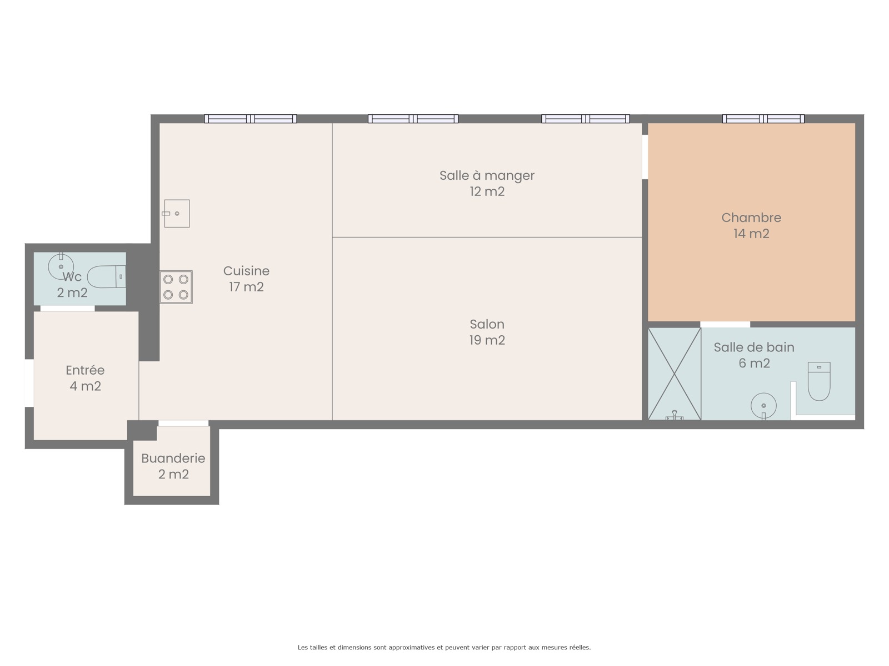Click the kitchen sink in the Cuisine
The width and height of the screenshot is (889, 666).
click(177, 213)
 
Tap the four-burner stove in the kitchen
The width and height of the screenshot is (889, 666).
click(176, 287)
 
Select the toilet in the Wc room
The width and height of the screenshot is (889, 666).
click(107, 276)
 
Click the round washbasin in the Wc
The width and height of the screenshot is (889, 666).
click(61, 266)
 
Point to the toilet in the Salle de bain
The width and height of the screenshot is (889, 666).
click(819, 381)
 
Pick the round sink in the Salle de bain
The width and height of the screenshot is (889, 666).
click(763, 406)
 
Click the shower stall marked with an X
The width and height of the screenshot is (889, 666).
click(675, 374)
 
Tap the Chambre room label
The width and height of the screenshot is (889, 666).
click(751, 218)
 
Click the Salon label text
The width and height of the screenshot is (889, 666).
click(487, 324)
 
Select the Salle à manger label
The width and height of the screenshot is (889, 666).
click(487, 175)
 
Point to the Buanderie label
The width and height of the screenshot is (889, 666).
click(173, 458)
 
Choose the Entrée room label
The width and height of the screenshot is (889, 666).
click(85, 370)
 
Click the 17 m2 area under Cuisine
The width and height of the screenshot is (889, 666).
click(246, 287)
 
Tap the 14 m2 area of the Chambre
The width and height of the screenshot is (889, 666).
click(751, 234)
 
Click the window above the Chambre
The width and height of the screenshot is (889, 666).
click(763, 118)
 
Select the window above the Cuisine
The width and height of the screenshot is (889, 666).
click(250, 118)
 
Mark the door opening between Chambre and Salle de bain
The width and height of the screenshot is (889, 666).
click(725, 324)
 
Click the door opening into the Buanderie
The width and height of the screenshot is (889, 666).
click(183, 423)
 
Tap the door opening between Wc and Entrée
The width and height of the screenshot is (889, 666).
click(68, 309)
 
